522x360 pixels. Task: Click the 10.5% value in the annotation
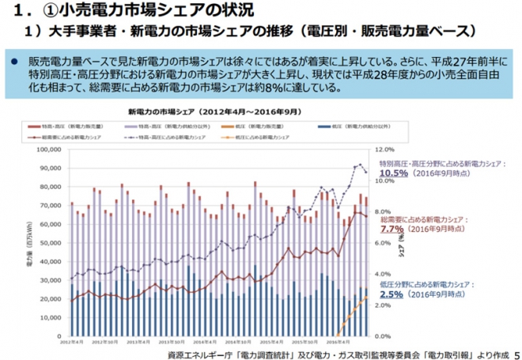(393, 172)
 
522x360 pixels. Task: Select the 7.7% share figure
(393, 229)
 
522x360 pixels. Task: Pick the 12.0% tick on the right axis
(383, 148)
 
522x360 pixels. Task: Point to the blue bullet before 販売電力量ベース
(13, 60)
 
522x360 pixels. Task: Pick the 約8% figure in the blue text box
(267, 87)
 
